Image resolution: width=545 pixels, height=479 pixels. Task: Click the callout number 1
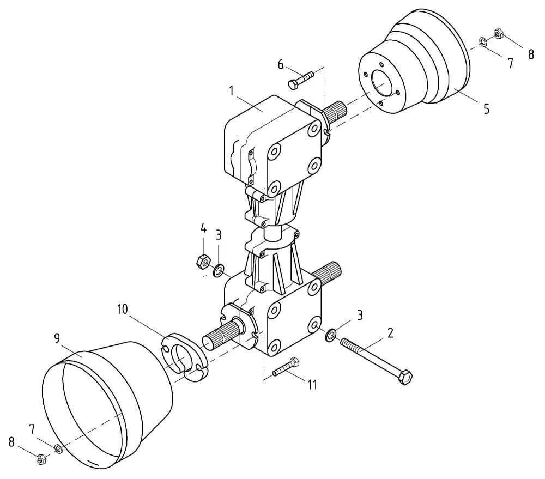point(231,91)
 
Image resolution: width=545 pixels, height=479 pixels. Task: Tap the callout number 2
point(390,332)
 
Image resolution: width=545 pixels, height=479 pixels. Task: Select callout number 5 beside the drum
point(486,109)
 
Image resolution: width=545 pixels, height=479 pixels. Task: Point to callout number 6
point(281,64)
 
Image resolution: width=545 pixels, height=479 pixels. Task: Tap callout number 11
point(312,385)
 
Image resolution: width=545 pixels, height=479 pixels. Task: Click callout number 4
point(203,229)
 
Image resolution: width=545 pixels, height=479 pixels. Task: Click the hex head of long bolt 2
point(405,377)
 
